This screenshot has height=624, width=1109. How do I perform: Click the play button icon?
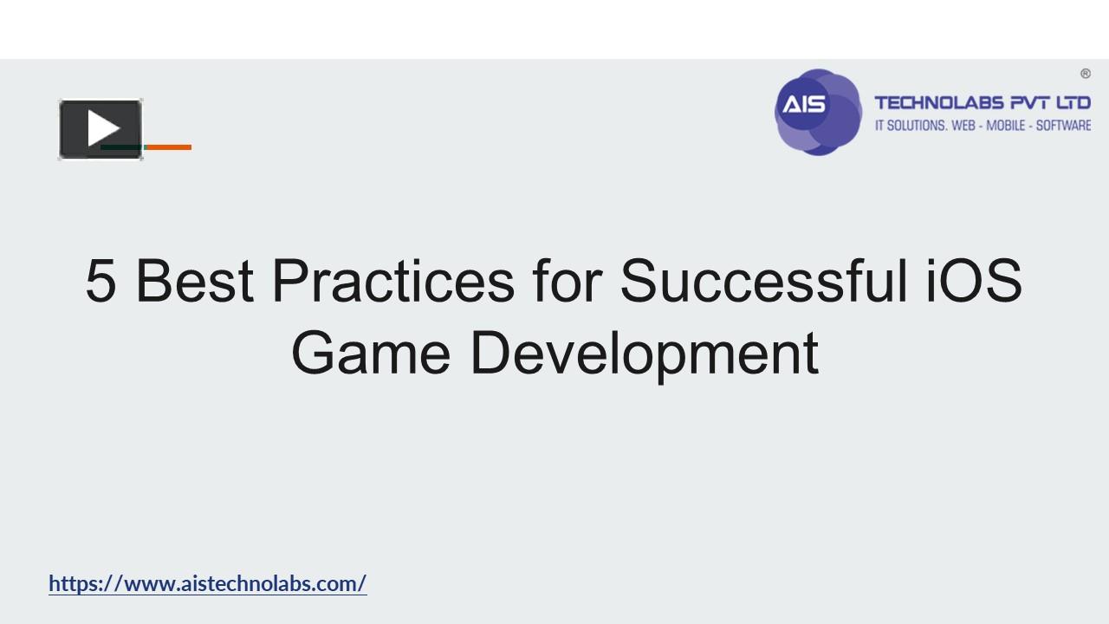click(x=101, y=129)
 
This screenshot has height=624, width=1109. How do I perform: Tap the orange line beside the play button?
click(x=168, y=147)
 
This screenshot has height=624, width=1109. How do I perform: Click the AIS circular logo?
click(x=817, y=112)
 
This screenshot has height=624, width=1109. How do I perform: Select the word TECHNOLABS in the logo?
click(x=938, y=104)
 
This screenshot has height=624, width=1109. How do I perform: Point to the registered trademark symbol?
click(x=1085, y=74)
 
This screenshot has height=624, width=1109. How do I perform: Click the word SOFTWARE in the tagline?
click(x=1063, y=126)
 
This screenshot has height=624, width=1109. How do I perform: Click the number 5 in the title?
click(x=101, y=281)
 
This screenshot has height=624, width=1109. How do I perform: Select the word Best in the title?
click(x=195, y=281)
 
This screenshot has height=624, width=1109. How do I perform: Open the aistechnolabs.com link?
click(x=208, y=583)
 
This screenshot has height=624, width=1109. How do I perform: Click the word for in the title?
click(x=567, y=281)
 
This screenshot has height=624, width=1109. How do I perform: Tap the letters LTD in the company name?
click(x=1073, y=104)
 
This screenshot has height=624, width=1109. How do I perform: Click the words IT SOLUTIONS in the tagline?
click(x=910, y=126)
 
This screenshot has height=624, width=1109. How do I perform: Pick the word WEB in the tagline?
click(x=965, y=126)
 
